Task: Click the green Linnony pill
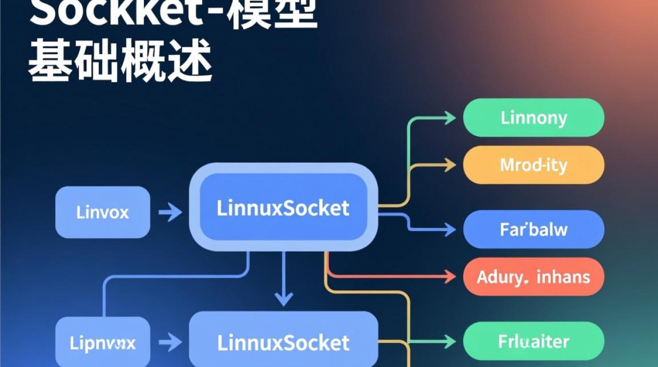[x=534, y=117]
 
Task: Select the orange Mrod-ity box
[x=534, y=165]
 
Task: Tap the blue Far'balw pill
[x=534, y=229]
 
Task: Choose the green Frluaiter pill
[x=534, y=341]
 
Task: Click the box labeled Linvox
[x=103, y=212]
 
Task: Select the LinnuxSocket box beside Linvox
[x=283, y=207]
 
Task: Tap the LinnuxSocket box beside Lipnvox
[x=283, y=342]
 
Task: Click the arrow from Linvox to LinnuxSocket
[x=170, y=212]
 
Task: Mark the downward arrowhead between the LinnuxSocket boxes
[x=283, y=298]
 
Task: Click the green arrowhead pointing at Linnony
[x=449, y=117]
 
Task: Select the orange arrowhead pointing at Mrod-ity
[x=449, y=165]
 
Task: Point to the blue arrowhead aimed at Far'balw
[x=449, y=228]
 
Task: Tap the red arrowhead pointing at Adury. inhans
[x=449, y=276]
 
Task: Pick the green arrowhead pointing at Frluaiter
[x=449, y=341]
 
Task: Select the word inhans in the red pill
[x=563, y=277]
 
